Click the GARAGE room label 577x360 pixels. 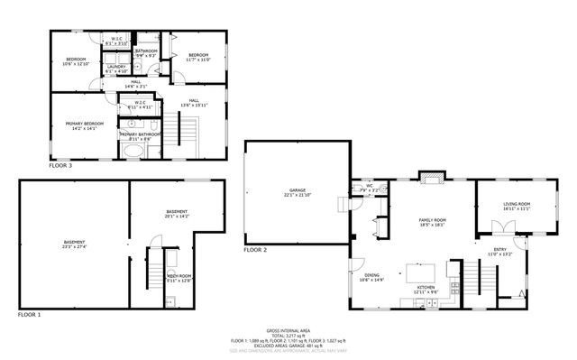point(298,190)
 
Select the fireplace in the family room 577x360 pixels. point(432,178)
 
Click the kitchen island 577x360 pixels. point(419,272)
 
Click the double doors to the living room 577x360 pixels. point(504,228)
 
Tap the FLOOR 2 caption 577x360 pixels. point(256,249)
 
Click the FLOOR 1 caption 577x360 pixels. point(29,315)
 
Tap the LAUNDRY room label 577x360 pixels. point(115,66)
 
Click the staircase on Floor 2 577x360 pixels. point(473,273)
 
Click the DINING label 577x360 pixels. point(372,275)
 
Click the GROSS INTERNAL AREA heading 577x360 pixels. point(288,331)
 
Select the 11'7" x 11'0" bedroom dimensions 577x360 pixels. point(199,60)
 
